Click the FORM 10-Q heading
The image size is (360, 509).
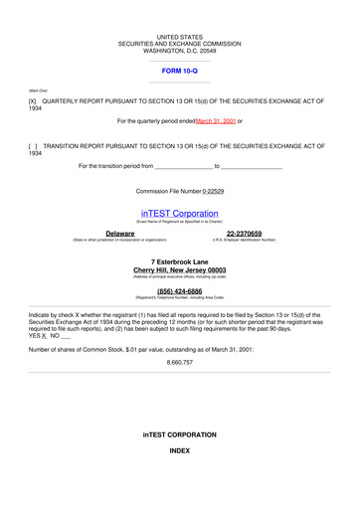point(179,72)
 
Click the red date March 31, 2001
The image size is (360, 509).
point(216,121)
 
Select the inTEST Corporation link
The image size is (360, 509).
point(179,213)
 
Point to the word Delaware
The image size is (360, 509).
point(119,233)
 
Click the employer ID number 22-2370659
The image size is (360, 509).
point(244,233)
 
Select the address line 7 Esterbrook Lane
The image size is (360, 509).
point(179,260)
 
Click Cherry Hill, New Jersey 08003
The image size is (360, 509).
point(179,269)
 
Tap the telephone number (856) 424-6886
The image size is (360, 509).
point(179,291)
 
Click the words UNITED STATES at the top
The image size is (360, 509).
point(179,37)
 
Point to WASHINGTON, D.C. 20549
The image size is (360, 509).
point(179,51)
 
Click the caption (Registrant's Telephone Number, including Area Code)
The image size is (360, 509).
point(179,298)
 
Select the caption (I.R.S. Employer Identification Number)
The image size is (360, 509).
point(244,240)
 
